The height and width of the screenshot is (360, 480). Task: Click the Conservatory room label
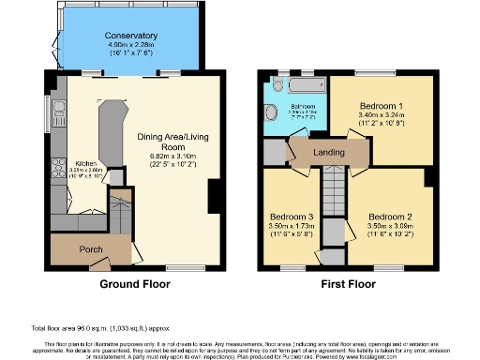click(x=130, y=36)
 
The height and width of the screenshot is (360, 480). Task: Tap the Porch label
click(x=91, y=249)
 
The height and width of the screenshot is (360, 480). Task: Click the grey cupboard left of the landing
click(x=275, y=150)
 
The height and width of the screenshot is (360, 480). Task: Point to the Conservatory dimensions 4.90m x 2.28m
click(x=130, y=44)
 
